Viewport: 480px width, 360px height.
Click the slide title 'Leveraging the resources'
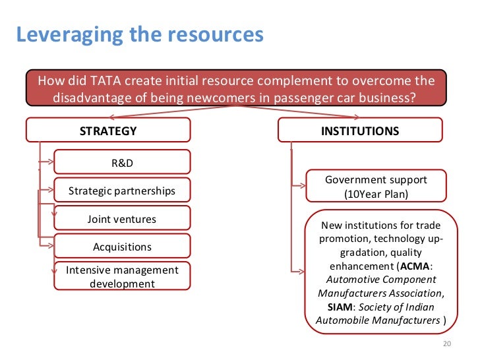click(x=139, y=34)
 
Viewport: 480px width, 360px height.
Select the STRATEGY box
click(x=108, y=131)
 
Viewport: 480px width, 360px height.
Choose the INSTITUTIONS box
click(x=359, y=131)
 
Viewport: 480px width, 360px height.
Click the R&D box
click(x=122, y=162)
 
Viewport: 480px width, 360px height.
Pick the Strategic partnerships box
click(x=122, y=191)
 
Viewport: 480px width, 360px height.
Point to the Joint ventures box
click(x=122, y=219)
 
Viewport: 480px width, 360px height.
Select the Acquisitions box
click(x=122, y=247)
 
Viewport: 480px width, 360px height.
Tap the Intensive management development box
click(x=122, y=276)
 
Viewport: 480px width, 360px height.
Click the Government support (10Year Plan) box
click(x=376, y=187)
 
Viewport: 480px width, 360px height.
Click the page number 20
click(x=445, y=344)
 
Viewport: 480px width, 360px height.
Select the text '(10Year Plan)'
click(x=376, y=195)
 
